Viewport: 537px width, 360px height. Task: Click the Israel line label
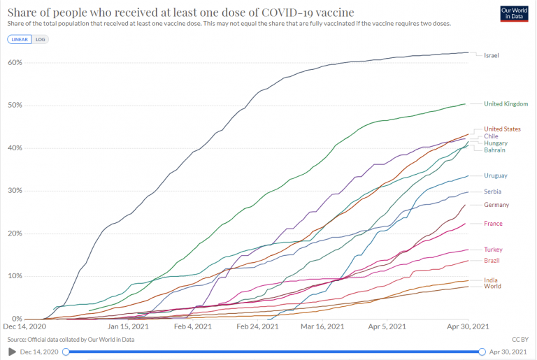coord(492,55)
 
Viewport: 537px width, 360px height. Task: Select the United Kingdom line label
coord(506,104)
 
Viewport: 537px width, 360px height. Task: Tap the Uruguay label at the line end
coord(496,175)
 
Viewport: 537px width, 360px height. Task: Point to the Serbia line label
coord(494,192)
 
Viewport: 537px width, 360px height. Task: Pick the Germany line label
coord(496,205)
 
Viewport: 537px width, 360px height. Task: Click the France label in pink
coord(494,224)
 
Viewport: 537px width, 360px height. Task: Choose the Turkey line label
coord(494,250)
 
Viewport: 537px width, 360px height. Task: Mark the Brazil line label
coord(493,261)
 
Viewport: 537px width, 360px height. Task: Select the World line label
coord(493,286)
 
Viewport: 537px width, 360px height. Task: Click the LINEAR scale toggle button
coord(18,39)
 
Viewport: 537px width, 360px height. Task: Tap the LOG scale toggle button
coord(40,39)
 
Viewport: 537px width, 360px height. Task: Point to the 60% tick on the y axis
coord(16,63)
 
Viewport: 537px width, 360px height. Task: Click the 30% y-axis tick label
coord(16,191)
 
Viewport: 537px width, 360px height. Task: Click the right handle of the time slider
coord(482,352)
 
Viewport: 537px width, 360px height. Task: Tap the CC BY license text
coord(520,339)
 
